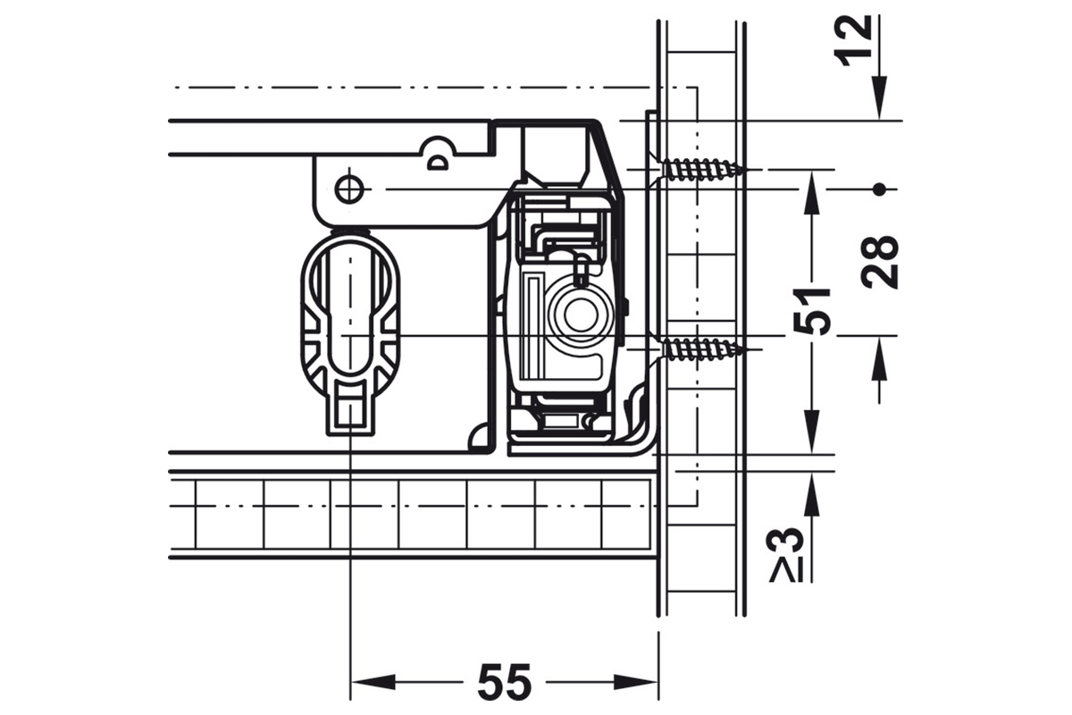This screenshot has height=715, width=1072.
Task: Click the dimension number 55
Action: pyautogui.click(x=505, y=681)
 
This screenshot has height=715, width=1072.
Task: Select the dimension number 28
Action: pyautogui.click(x=881, y=263)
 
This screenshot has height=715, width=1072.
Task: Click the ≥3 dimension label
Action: pyautogui.click(x=785, y=554)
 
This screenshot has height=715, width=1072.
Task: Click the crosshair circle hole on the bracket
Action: pyautogui.click(x=349, y=190)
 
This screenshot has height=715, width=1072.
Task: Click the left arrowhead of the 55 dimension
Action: pyautogui.click(x=373, y=682)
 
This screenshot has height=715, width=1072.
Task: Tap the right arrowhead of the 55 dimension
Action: pyautogui.click(x=636, y=682)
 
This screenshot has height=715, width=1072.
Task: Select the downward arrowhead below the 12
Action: pyautogui.click(x=879, y=97)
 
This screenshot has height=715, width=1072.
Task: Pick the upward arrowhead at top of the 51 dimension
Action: pyautogui.click(x=812, y=196)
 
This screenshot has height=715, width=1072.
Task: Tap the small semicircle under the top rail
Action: pyautogui.click(x=440, y=163)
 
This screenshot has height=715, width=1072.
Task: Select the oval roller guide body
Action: pyautogui.click(x=350, y=307)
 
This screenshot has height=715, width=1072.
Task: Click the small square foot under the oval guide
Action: pyautogui.click(x=351, y=412)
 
